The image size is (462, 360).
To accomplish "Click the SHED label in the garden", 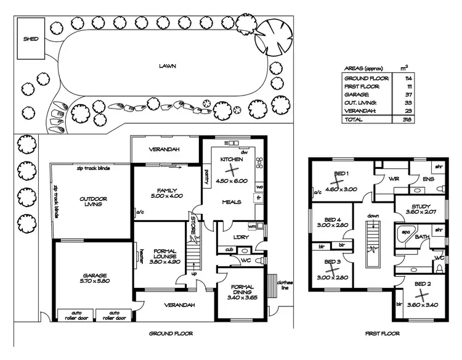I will tap(31, 39).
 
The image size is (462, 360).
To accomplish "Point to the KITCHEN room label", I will tap(231, 160).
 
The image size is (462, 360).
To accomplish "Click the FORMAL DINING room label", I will tap(241, 290).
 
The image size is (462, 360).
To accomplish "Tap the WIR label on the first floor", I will tap(395, 179).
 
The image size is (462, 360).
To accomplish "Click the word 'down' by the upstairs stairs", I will tap(373, 216).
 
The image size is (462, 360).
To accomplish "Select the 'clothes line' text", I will tap(285, 285).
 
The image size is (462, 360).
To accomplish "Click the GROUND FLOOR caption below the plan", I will tap(171, 333).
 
